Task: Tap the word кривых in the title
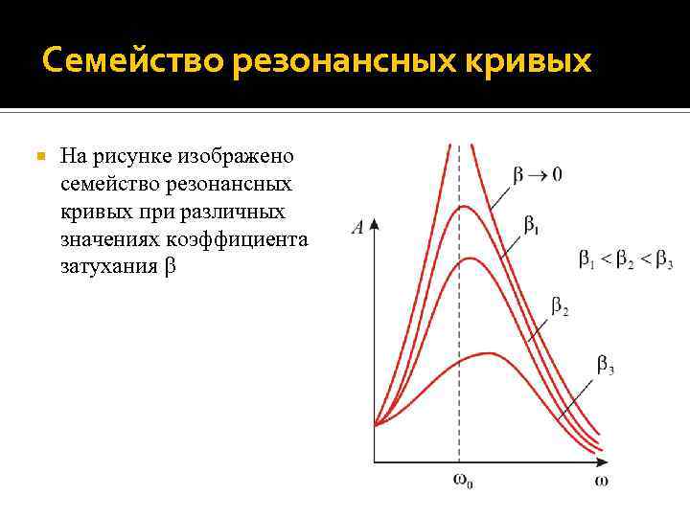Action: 538,62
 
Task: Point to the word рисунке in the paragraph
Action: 127,155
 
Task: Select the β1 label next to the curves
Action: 530,225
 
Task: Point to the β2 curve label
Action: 560,307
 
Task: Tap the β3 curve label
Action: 606,364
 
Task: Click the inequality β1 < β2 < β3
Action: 625,258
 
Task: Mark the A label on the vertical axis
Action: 357,228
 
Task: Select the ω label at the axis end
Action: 601,480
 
